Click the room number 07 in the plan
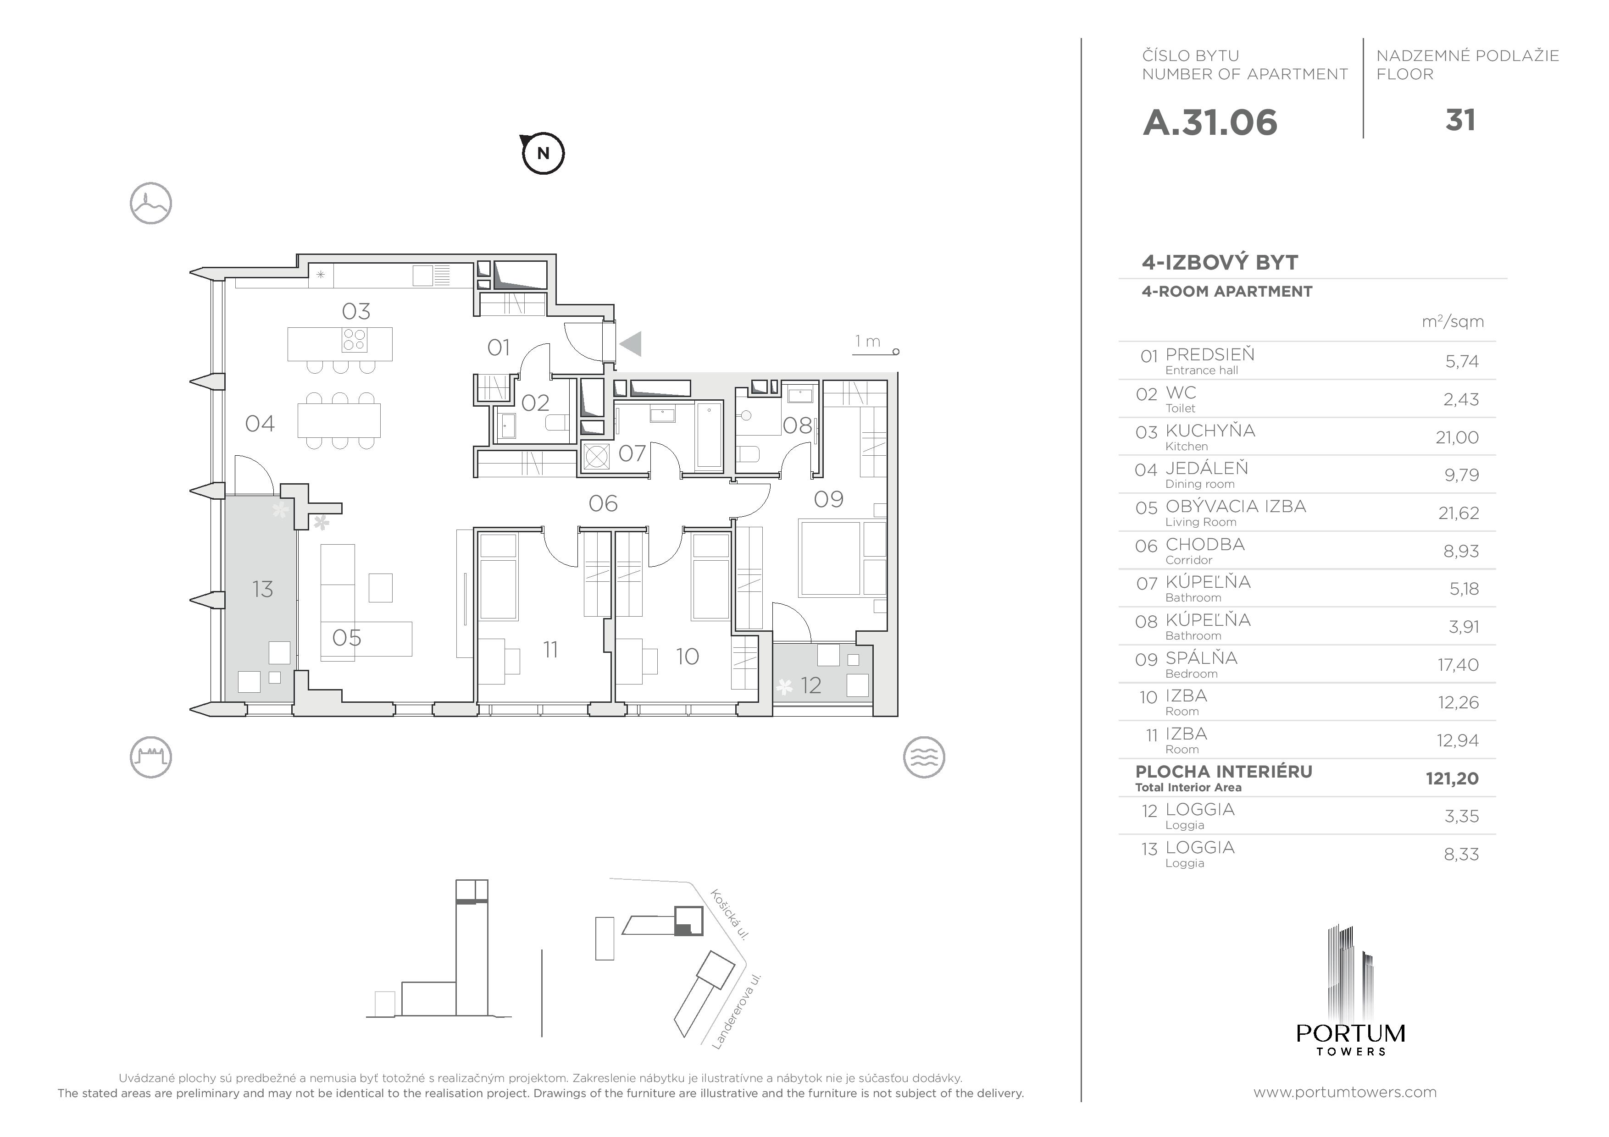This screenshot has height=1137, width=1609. [x=632, y=453]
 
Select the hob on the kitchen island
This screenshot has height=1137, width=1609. [x=354, y=340]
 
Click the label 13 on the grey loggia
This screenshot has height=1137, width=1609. [x=263, y=589]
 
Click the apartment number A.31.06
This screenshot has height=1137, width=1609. [x=1210, y=122]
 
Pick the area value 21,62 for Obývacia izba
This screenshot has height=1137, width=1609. [x=1459, y=513]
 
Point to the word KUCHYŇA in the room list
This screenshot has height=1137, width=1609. [x=1210, y=430]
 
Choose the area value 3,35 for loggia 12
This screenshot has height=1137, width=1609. [x=1461, y=816]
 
